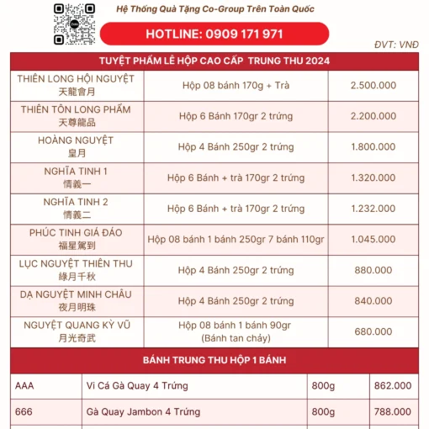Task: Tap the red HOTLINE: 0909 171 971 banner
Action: (214, 34)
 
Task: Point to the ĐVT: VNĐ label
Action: (397, 45)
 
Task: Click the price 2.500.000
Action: (373, 86)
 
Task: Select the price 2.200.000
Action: (373, 117)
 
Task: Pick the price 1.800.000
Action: (373, 147)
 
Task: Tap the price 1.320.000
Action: (373, 178)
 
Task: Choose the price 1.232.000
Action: (373, 209)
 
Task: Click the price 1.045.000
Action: (373, 240)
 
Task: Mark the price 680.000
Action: (373, 331)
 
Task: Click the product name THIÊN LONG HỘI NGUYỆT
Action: (77, 78)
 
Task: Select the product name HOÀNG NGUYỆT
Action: (77, 140)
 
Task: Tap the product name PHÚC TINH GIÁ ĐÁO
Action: (77, 232)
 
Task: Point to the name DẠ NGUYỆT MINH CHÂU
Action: (77, 294)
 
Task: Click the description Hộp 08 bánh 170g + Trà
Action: (236, 86)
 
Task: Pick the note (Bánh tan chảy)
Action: (236, 337)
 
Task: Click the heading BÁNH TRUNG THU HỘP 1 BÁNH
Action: (214, 360)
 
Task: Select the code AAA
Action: (25, 386)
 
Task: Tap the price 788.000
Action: (392, 412)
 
